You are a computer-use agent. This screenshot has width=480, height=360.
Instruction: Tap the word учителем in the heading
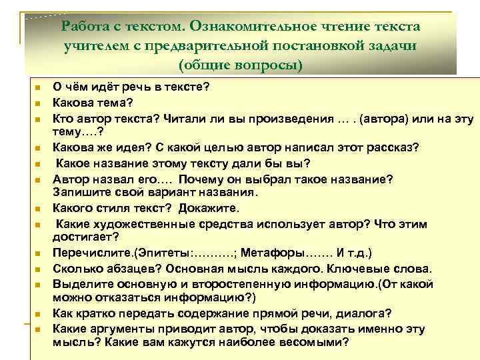(96, 46)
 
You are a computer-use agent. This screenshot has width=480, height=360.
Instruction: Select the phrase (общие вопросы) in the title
(240, 65)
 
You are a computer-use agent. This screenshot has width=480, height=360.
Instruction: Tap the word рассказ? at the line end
(395, 147)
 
